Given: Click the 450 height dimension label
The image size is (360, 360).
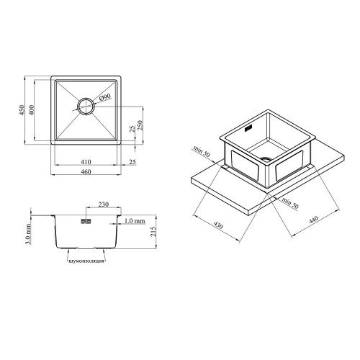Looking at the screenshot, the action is tap(22, 110).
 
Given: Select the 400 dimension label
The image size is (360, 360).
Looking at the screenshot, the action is tap(32, 110).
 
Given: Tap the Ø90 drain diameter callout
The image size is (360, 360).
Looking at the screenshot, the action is tap(104, 98).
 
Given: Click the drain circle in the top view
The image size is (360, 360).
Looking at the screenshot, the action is tap(85, 107).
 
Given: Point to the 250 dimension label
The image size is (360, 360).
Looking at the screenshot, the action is tap(140, 125).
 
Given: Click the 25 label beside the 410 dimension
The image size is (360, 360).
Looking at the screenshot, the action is tap(132, 162).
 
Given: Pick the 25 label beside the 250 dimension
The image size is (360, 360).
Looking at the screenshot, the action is tap(132, 129).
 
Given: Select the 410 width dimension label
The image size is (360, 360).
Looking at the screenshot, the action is tap(86, 162).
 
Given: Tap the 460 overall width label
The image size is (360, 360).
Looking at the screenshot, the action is tap(86, 172).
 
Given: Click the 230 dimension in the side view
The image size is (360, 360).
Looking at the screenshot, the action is tap(104, 204).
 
